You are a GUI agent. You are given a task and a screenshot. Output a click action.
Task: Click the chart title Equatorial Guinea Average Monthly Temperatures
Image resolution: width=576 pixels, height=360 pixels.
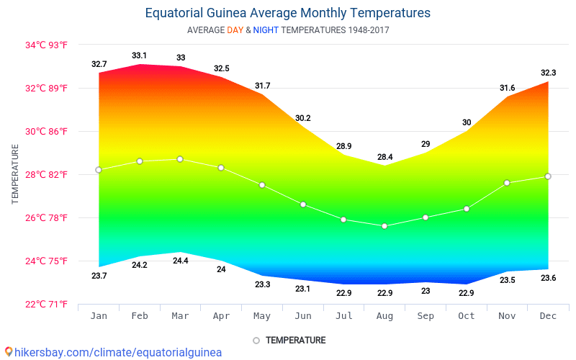(x=288, y=13)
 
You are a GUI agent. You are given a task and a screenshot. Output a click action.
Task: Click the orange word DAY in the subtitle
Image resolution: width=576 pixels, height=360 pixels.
(x=235, y=30)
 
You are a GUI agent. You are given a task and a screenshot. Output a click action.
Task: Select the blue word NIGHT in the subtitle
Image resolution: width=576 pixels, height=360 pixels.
(x=266, y=30)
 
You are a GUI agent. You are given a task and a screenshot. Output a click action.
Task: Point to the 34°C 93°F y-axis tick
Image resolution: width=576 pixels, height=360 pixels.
(x=46, y=45)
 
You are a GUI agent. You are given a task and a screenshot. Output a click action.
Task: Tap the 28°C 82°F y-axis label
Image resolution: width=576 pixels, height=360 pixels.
(x=46, y=175)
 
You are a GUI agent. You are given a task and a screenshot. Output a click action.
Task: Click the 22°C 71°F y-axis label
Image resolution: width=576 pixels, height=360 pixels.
(x=46, y=305)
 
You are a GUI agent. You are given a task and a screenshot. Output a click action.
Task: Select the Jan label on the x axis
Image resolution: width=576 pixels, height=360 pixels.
(x=99, y=316)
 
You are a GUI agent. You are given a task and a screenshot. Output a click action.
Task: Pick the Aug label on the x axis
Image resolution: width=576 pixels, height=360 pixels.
(x=384, y=316)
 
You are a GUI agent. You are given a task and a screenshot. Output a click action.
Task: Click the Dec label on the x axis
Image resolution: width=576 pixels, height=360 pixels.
(x=548, y=316)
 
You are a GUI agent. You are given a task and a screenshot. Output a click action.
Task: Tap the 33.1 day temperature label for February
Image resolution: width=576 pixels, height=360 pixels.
(x=140, y=55)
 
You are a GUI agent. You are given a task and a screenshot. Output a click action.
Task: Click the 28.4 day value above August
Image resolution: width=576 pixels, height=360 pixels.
(x=384, y=157)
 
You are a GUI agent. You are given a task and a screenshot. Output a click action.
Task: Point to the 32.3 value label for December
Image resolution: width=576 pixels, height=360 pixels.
(x=548, y=73)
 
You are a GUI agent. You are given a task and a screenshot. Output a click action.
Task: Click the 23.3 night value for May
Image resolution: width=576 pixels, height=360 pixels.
(x=262, y=284)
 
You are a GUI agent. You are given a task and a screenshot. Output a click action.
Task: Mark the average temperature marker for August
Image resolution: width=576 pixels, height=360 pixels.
(x=384, y=226)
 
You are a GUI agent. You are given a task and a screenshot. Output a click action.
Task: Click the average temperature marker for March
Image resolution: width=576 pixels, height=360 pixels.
(x=180, y=159)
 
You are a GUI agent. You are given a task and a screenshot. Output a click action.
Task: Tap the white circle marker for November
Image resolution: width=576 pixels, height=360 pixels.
(x=507, y=183)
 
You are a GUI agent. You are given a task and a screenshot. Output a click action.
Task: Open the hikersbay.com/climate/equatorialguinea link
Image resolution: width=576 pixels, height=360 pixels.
(x=117, y=353)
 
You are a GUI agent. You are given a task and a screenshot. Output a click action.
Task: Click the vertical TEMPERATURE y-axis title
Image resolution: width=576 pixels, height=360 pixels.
(x=15, y=174)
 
